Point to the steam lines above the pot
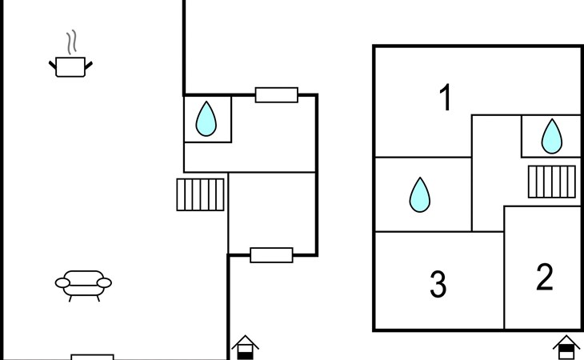pyautogui.click(x=72, y=41)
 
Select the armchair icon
pyautogui.click(x=83, y=283)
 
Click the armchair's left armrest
pyautogui.click(x=62, y=282)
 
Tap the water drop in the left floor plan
pyautogui.click(x=206, y=119)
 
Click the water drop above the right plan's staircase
pyautogui.click(x=551, y=136)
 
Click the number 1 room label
pyautogui.click(x=446, y=98)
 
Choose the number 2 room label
pyautogui.click(x=545, y=278)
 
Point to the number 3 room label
pyautogui.click(x=438, y=284)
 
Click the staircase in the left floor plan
pyautogui.click(x=200, y=194)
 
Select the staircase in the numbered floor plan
pyautogui.click(x=551, y=181)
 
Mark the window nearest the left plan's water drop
pyautogui.click(x=277, y=95)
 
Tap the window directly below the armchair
pyautogui.click(x=92, y=357)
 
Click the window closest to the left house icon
pyautogui.click(x=271, y=255)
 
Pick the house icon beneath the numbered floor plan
pyautogui.click(x=566, y=347)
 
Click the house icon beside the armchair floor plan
pyautogui.click(x=246, y=347)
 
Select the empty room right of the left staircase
pyautogui.click(x=272, y=213)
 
